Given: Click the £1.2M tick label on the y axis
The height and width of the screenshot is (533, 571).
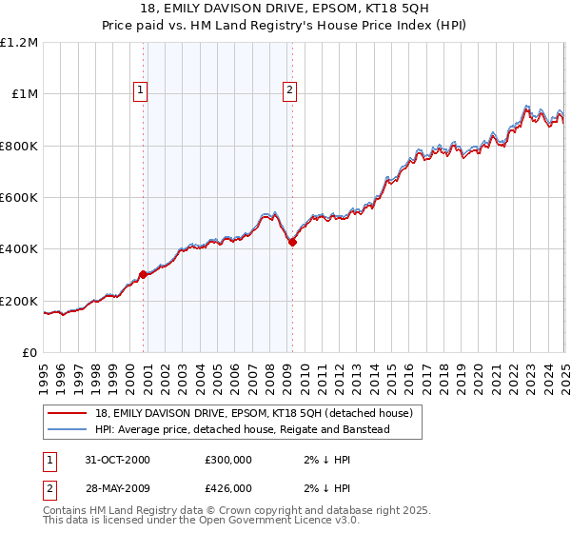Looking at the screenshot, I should (x=21, y=43).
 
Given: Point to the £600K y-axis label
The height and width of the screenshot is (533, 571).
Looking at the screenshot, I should (x=21, y=198).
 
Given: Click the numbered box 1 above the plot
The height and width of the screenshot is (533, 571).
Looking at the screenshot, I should (x=140, y=90).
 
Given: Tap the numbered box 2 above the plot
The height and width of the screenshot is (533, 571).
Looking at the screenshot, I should (x=288, y=90).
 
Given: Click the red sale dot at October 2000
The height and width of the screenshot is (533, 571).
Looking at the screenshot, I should (x=144, y=274).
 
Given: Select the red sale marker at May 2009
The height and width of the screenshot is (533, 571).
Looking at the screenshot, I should (x=292, y=242).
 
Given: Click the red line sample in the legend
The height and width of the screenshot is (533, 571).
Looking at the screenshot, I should (x=67, y=414).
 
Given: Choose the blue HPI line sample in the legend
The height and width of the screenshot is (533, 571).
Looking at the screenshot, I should (x=67, y=429).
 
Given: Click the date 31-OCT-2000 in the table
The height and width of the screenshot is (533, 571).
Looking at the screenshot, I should (x=117, y=460).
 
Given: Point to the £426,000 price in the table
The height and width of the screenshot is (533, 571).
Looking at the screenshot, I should (x=228, y=487).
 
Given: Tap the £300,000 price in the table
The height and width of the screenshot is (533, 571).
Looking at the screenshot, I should (x=228, y=460).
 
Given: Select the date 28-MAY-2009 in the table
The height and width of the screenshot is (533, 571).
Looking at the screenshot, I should (x=117, y=487).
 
